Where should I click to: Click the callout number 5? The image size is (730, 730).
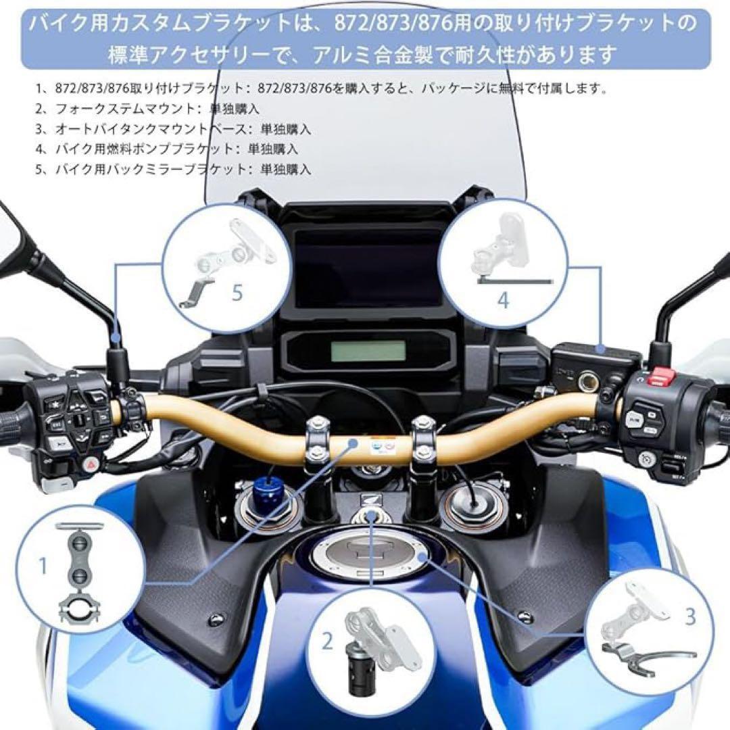tap(237, 293)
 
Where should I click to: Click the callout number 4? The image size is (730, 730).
tap(502, 299)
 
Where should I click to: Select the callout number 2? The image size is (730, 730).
tap(328, 641)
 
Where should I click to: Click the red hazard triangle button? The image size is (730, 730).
tap(91, 464)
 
